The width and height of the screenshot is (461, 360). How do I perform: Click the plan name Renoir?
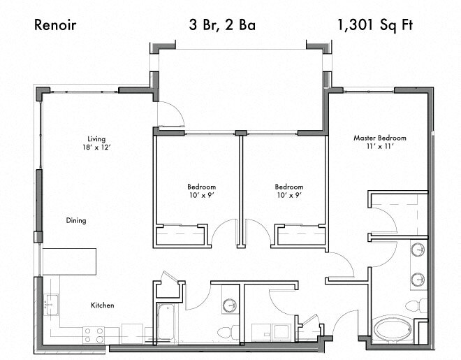(x=55, y=26)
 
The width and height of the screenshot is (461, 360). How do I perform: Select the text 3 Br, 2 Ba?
(x=222, y=26)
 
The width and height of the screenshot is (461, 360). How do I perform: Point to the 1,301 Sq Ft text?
(x=376, y=26)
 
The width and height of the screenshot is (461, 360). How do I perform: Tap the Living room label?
(x=96, y=138)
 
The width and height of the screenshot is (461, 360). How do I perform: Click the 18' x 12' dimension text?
(x=96, y=147)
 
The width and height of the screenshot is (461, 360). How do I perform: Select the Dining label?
(x=76, y=221)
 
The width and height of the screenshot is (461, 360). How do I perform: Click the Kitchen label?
(x=102, y=305)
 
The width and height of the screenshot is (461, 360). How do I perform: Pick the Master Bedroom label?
(x=379, y=138)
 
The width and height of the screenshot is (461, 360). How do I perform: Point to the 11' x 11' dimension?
(x=379, y=147)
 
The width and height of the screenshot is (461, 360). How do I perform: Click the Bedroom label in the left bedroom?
(x=201, y=187)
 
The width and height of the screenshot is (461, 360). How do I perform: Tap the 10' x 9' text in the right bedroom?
(x=288, y=196)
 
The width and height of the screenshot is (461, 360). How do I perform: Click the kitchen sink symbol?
(x=50, y=304)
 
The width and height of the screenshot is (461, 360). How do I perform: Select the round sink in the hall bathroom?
(x=230, y=305)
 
